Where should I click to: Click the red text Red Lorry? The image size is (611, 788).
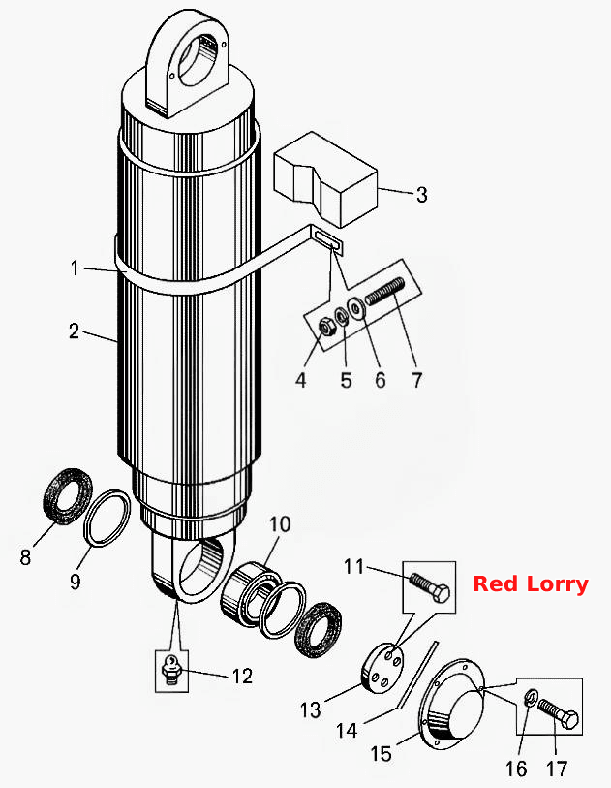[531, 584]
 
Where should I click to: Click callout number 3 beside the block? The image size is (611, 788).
[422, 195]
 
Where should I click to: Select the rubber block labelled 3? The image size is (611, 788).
[325, 178]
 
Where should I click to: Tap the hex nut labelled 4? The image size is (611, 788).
[327, 330]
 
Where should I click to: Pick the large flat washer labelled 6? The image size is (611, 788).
[356, 307]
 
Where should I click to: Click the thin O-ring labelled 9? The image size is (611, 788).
[107, 518]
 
